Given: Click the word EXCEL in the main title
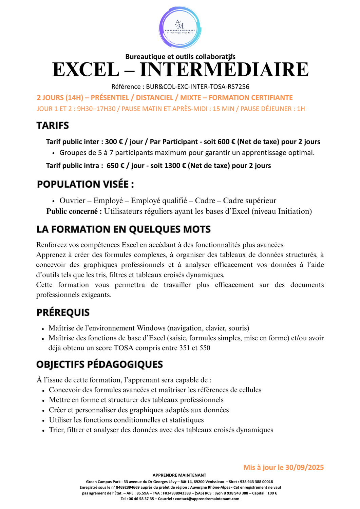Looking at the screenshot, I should pyautogui.click(x=86, y=70).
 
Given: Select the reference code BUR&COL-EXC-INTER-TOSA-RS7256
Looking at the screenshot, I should pyautogui.click(x=197, y=87).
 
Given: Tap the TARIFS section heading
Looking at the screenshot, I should pyautogui.click(x=53, y=126).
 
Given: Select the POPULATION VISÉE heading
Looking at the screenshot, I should pyautogui.click(x=85, y=184).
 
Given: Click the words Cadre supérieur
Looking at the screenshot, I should pyautogui.click(x=249, y=201).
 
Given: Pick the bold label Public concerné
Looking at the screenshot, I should pyautogui.click(x=74, y=211).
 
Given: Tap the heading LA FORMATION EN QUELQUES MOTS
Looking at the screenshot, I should pyautogui.click(x=124, y=229).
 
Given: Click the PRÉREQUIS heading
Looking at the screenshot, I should pyautogui.click(x=63, y=313).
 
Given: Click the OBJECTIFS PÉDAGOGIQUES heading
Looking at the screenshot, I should pyautogui.click(x=99, y=364).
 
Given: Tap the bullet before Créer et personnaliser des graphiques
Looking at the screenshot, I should pyautogui.click(x=43, y=411).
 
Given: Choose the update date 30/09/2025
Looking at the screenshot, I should pyautogui.click(x=304, y=467).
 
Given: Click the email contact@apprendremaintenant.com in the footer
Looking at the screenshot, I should pyautogui.click(x=207, y=499).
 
